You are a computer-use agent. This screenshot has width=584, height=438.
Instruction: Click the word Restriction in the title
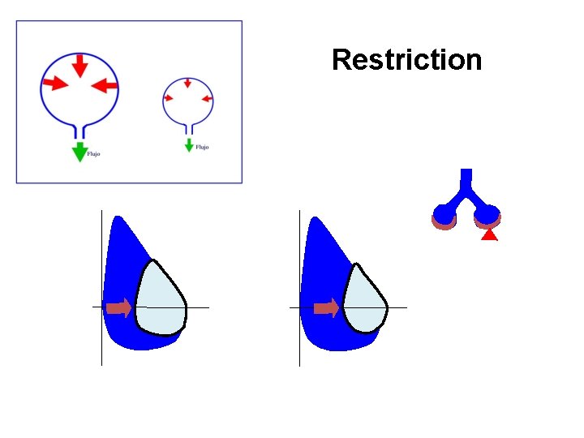click(406, 60)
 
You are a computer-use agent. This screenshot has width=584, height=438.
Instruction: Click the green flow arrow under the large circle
click(79, 152)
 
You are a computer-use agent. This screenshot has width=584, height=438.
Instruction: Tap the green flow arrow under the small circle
click(189, 145)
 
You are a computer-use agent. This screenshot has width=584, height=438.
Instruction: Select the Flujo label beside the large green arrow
click(93, 154)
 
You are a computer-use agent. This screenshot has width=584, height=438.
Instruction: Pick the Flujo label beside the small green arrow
click(202, 148)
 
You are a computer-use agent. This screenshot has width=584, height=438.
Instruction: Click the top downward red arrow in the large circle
click(79, 65)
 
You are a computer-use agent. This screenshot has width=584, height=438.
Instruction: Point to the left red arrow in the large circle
click(55, 83)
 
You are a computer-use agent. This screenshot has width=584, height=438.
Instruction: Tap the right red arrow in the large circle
click(105, 84)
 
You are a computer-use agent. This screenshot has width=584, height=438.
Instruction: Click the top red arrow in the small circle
click(187, 83)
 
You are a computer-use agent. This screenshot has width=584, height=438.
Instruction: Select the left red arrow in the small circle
click(170, 97)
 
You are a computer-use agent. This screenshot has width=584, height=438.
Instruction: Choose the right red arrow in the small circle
click(205, 99)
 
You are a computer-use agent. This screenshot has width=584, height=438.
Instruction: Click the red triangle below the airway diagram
click(488, 235)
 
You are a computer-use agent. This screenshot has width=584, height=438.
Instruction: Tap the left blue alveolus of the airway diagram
click(444, 215)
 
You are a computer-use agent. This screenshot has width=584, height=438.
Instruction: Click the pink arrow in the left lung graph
click(119, 307)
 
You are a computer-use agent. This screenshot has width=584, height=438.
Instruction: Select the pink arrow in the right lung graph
click(326, 307)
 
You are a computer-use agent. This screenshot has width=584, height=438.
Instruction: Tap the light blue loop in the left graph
click(161, 299)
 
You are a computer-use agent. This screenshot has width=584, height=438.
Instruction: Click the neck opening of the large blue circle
click(79, 131)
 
